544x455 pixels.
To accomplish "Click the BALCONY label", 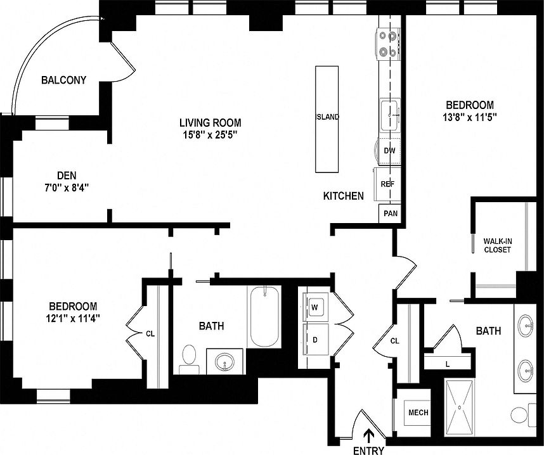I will point(63,80).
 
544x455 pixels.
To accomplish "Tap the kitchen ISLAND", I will point(328,119).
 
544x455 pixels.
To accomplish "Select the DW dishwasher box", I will point(389,151).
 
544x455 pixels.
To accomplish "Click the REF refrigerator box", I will point(387,183).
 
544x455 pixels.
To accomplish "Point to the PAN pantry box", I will point(390,214).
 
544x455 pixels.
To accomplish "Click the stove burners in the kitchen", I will point(388,44).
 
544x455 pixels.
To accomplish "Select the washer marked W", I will point(315,307).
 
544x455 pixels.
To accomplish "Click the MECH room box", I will point(417,413).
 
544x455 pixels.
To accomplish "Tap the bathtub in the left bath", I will point(264,317).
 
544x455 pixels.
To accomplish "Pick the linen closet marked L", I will point(448,362).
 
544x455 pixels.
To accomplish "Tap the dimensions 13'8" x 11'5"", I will point(469,117).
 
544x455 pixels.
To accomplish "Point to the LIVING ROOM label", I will point(210,123).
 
